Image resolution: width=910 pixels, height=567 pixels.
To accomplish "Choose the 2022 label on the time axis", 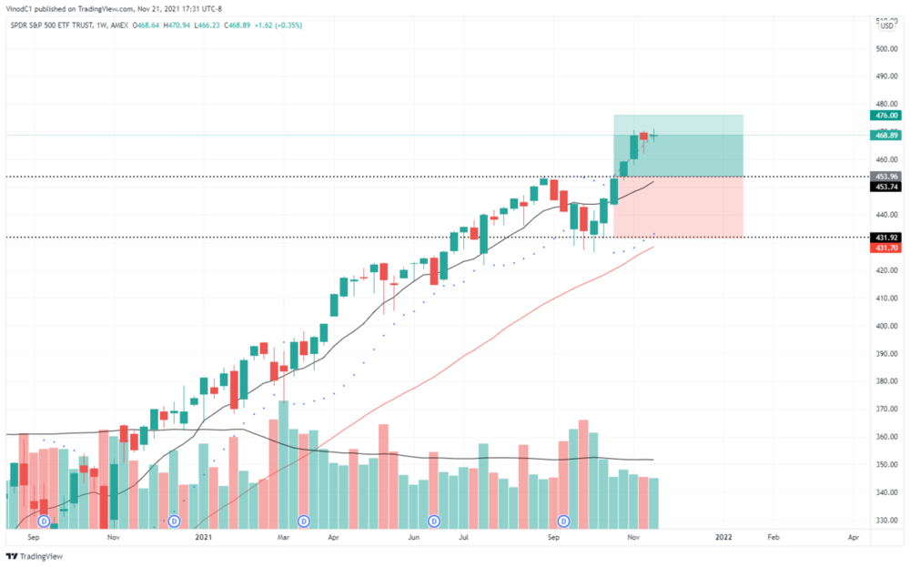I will pos(724,538).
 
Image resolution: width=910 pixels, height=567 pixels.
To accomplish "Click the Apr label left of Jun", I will pos(333,538).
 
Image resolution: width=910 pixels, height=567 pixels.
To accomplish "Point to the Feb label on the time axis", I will pos(773,538).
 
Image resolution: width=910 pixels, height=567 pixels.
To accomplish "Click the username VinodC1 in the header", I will pos(22,10).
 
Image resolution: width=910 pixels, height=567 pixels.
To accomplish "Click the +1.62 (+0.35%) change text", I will pos(280,25).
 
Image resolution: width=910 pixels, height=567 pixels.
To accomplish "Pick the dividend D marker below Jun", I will pos(434,521).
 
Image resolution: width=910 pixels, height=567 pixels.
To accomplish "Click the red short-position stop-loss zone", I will pos(678,207).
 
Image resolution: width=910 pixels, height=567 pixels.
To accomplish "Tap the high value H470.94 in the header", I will pos(172,25).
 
